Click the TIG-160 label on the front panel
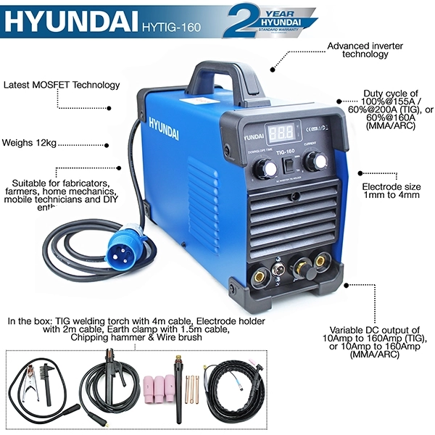pos(290,152)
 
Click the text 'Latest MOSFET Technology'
pos(62,85)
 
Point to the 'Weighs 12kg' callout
pos(28,143)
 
